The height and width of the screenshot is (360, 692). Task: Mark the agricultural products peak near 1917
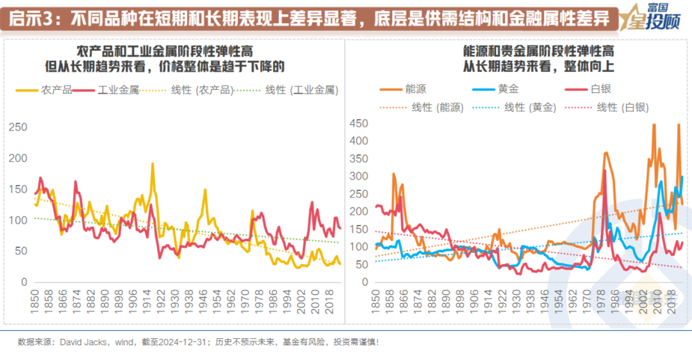[x=152, y=164]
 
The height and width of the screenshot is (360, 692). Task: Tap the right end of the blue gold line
[x=682, y=177]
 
